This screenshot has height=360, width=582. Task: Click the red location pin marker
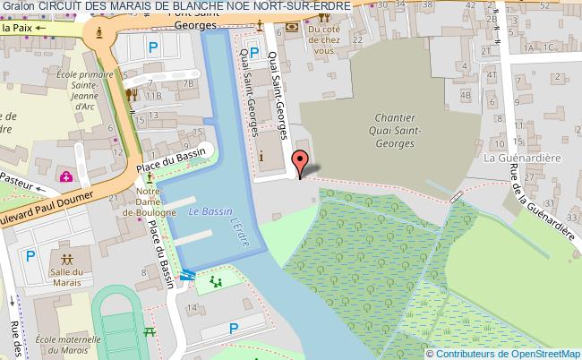click(301, 163)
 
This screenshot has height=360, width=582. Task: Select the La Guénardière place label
click(515, 157)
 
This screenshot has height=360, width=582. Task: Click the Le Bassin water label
click(205, 211)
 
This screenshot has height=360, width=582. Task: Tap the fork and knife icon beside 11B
click(132, 94)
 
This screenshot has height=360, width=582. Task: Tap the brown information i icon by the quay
click(261, 158)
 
